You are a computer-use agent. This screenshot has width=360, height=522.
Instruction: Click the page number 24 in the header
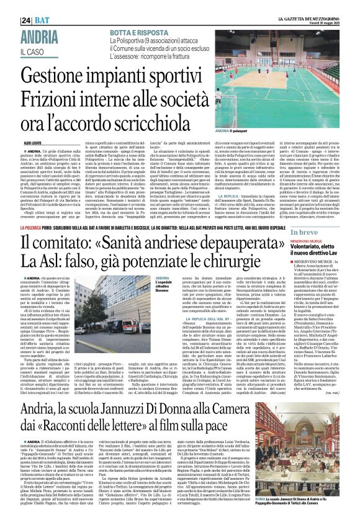point(9,5)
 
